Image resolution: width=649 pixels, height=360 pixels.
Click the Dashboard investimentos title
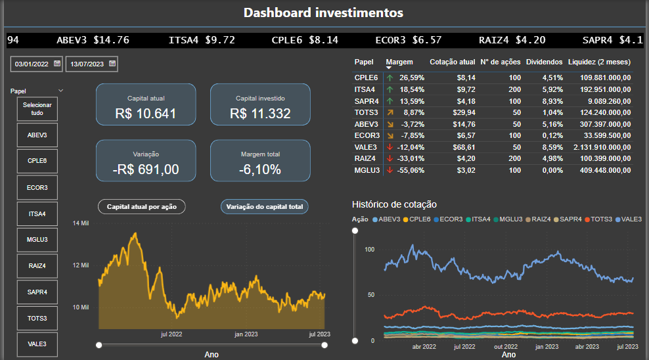coord(323,12)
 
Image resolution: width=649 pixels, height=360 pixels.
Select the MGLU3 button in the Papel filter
coord(37,240)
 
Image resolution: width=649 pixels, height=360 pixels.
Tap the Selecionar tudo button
coord(37,109)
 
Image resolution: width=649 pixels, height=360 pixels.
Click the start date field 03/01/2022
coord(32,64)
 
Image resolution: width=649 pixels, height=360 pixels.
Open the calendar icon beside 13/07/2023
coord(112,64)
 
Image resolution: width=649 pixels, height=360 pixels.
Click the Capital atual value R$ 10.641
coord(145,113)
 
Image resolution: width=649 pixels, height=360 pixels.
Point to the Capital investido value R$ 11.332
coord(260,113)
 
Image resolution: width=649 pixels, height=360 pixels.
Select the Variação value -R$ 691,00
coord(145,169)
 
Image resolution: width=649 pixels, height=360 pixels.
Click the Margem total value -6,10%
coord(260,169)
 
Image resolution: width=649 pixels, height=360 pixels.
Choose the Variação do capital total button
coord(265,206)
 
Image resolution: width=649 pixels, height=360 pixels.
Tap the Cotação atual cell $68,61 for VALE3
coord(461,147)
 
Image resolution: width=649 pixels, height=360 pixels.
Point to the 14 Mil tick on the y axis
coord(80,223)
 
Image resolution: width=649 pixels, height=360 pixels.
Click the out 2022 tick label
coord(506,346)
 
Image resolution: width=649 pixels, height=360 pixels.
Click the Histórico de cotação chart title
coord(394,204)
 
